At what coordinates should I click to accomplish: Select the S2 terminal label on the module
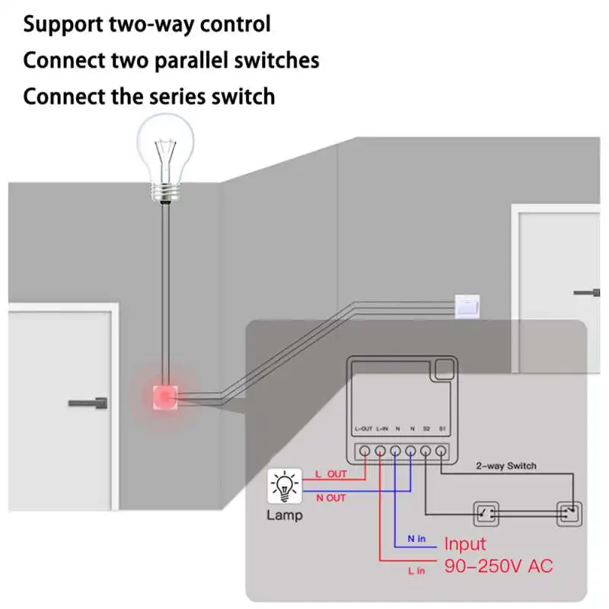(x=426, y=429)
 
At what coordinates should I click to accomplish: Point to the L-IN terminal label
(x=381, y=429)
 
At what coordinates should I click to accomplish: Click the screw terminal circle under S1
(x=441, y=451)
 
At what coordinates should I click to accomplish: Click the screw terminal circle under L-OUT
(x=365, y=451)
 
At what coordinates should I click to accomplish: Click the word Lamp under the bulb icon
(x=283, y=515)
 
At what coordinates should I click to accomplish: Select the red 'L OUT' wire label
(x=330, y=474)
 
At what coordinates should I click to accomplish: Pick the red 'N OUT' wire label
(x=330, y=498)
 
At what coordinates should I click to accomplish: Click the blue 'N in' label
(x=416, y=539)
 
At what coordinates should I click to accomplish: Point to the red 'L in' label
(x=416, y=570)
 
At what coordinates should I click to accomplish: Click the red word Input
(x=465, y=544)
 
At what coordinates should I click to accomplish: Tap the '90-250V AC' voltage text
(x=499, y=566)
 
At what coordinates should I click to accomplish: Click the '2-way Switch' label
(x=506, y=466)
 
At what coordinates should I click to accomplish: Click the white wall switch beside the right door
(x=467, y=307)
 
